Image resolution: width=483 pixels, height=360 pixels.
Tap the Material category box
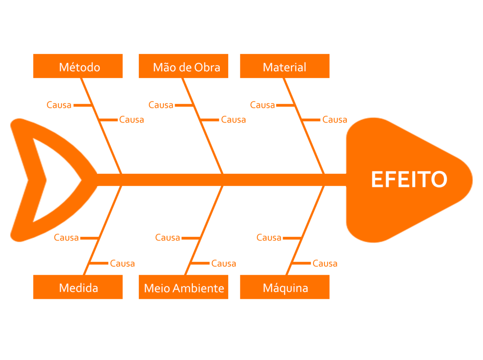[285, 66]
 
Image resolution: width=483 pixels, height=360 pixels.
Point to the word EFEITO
[409, 179]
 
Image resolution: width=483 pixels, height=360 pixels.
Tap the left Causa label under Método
[59, 105]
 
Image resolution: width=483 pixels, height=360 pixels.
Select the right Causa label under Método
[132, 119]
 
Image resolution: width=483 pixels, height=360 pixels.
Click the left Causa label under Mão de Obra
[161, 105]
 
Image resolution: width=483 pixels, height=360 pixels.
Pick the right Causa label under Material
[334, 119]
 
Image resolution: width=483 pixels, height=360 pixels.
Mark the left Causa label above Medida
[66, 238]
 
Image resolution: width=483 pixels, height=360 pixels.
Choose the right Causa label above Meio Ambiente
[223, 263]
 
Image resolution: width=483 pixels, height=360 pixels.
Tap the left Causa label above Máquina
[268, 238]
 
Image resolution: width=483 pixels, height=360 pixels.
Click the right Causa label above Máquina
[325, 263]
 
